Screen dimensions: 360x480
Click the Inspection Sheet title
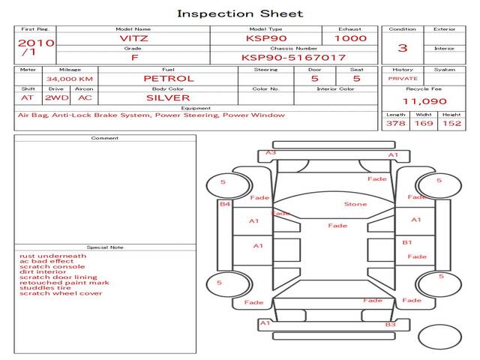(x=240, y=13)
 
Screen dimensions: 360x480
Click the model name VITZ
(x=134, y=38)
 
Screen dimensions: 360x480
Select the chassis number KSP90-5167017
(x=293, y=57)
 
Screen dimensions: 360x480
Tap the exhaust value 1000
(x=350, y=38)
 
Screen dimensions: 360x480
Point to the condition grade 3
(x=403, y=48)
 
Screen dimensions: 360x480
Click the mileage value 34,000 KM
(x=69, y=78)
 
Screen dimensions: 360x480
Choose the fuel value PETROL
(x=168, y=78)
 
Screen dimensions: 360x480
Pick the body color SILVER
(x=168, y=97)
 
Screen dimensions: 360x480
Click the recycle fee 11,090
(x=424, y=101)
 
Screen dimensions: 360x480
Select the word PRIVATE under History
(x=403, y=78)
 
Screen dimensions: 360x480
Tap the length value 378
(x=395, y=123)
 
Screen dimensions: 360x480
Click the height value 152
(x=451, y=123)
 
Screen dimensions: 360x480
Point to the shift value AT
(x=28, y=97)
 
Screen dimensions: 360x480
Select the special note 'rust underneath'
(x=52, y=256)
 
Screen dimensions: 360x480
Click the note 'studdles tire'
(x=46, y=287)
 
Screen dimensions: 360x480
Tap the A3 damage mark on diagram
(x=271, y=153)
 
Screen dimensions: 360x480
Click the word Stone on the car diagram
(x=355, y=204)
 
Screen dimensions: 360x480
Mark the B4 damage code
(x=225, y=204)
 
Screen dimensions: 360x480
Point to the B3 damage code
(x=390, y=324)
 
